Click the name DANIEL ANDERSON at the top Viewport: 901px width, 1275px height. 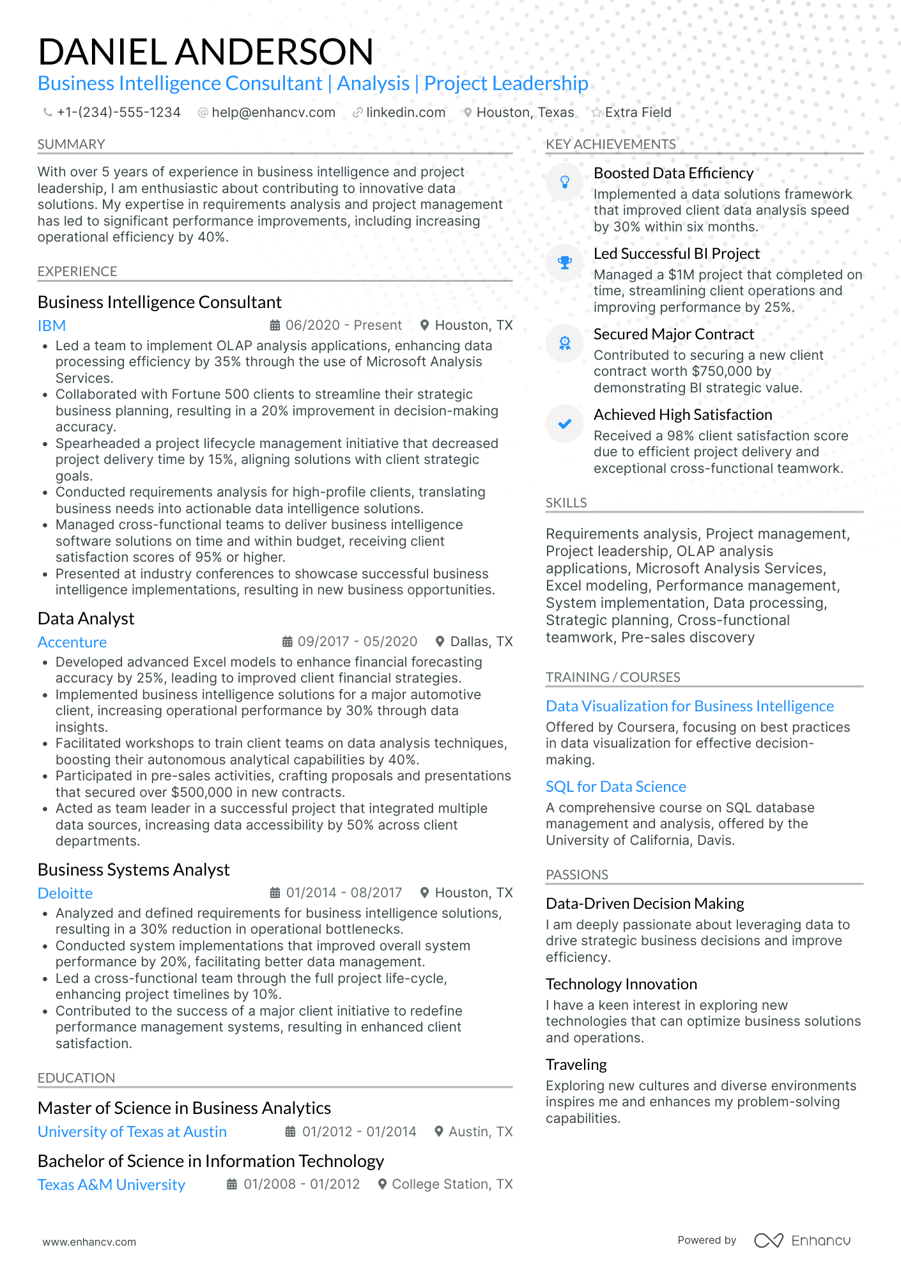point(205,52)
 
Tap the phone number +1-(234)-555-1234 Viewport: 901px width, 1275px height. point(118,112)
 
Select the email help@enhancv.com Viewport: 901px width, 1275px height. point(273,112)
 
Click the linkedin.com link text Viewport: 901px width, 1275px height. point(405,112)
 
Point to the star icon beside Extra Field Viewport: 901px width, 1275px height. point(596,112)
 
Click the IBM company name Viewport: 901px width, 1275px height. point(52,326)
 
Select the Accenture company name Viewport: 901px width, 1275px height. point(72,642)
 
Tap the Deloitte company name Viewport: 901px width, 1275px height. point(65,893)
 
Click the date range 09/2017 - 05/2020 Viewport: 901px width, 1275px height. point(357,642)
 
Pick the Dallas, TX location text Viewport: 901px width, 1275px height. point(481,642)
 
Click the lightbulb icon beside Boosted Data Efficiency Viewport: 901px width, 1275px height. point(565,182)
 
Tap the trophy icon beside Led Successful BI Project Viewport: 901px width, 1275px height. point(565,263)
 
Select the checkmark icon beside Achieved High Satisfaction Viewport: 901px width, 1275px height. point(565,424)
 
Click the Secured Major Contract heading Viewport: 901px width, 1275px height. point(674,334)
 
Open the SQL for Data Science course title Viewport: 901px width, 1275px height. point(615,787)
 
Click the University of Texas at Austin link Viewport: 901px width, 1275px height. point(132,1132)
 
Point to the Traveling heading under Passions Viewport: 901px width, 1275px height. point(576,1065)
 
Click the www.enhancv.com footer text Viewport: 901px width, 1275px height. point(89,1242)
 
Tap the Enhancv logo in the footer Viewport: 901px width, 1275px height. point(802,1240)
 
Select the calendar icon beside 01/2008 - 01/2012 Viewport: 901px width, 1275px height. point(232,1184)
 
